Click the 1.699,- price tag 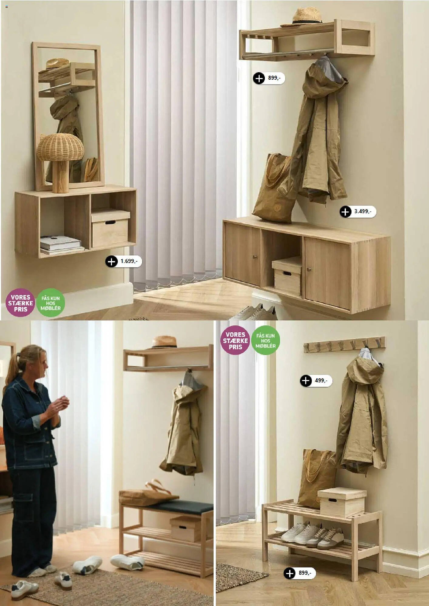[123, 261]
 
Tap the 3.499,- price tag [358, 211]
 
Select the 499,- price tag [316, 381]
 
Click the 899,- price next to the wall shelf [269, 78]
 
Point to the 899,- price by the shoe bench [299, 573]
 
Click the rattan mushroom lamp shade [60, 147]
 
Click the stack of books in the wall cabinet [62, 244]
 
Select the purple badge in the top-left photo [20, 303]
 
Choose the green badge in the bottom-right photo [265, 340]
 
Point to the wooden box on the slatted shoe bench [342, 502]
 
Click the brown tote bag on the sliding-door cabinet [274, 188]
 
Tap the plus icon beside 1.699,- [111, 261]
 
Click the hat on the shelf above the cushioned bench [164, 342]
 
